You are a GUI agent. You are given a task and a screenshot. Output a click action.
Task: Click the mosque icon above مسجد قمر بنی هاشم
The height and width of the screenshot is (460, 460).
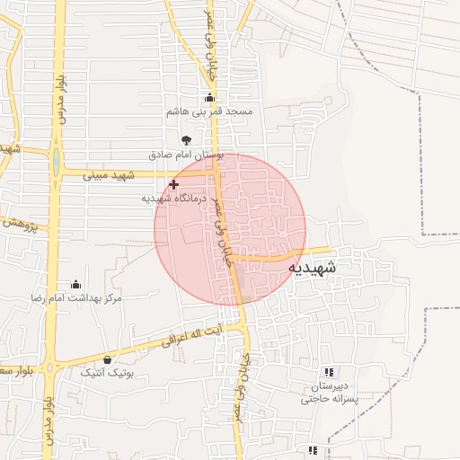click(x=210, y=98)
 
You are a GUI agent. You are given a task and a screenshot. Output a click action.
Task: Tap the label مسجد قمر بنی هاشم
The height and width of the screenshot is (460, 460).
click(x=210, y=112)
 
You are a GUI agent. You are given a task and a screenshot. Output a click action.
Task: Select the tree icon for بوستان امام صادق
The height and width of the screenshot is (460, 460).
click(x=186, y=140)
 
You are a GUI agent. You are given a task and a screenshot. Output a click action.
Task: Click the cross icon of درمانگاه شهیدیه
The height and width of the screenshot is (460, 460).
click(x=173, y=184)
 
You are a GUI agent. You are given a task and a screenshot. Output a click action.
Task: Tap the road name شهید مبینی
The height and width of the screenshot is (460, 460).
click(x=109, y=174)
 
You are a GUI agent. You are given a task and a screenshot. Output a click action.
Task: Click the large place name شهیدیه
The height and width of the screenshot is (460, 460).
click(x=314, y=268)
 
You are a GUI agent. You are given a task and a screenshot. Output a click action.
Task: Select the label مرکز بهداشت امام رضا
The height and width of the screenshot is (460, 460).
click(x=76, y=297)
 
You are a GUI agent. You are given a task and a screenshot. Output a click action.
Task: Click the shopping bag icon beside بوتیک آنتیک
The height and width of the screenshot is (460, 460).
click(x=108, y=359)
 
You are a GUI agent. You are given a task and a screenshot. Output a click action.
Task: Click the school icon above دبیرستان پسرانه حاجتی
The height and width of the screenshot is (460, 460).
click(x=328, y=371)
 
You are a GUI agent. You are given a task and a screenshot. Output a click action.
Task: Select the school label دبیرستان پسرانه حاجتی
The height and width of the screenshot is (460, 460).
click(x=328, y=392)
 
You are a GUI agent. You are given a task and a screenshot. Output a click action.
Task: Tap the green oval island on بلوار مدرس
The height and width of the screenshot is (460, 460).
click(x=57, y=163)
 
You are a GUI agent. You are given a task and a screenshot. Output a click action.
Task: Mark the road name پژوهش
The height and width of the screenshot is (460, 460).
click(x=18, y=220)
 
